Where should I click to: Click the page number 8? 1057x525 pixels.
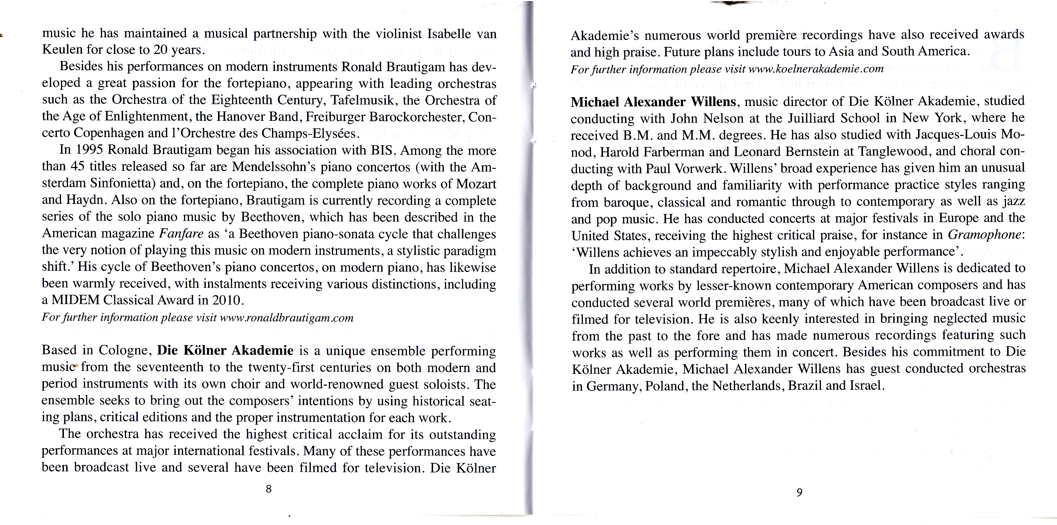268,488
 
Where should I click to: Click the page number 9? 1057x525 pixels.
799,492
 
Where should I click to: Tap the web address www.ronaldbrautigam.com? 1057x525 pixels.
286,318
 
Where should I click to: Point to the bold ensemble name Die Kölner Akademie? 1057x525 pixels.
225,351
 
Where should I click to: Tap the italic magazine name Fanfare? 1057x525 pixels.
181,234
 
